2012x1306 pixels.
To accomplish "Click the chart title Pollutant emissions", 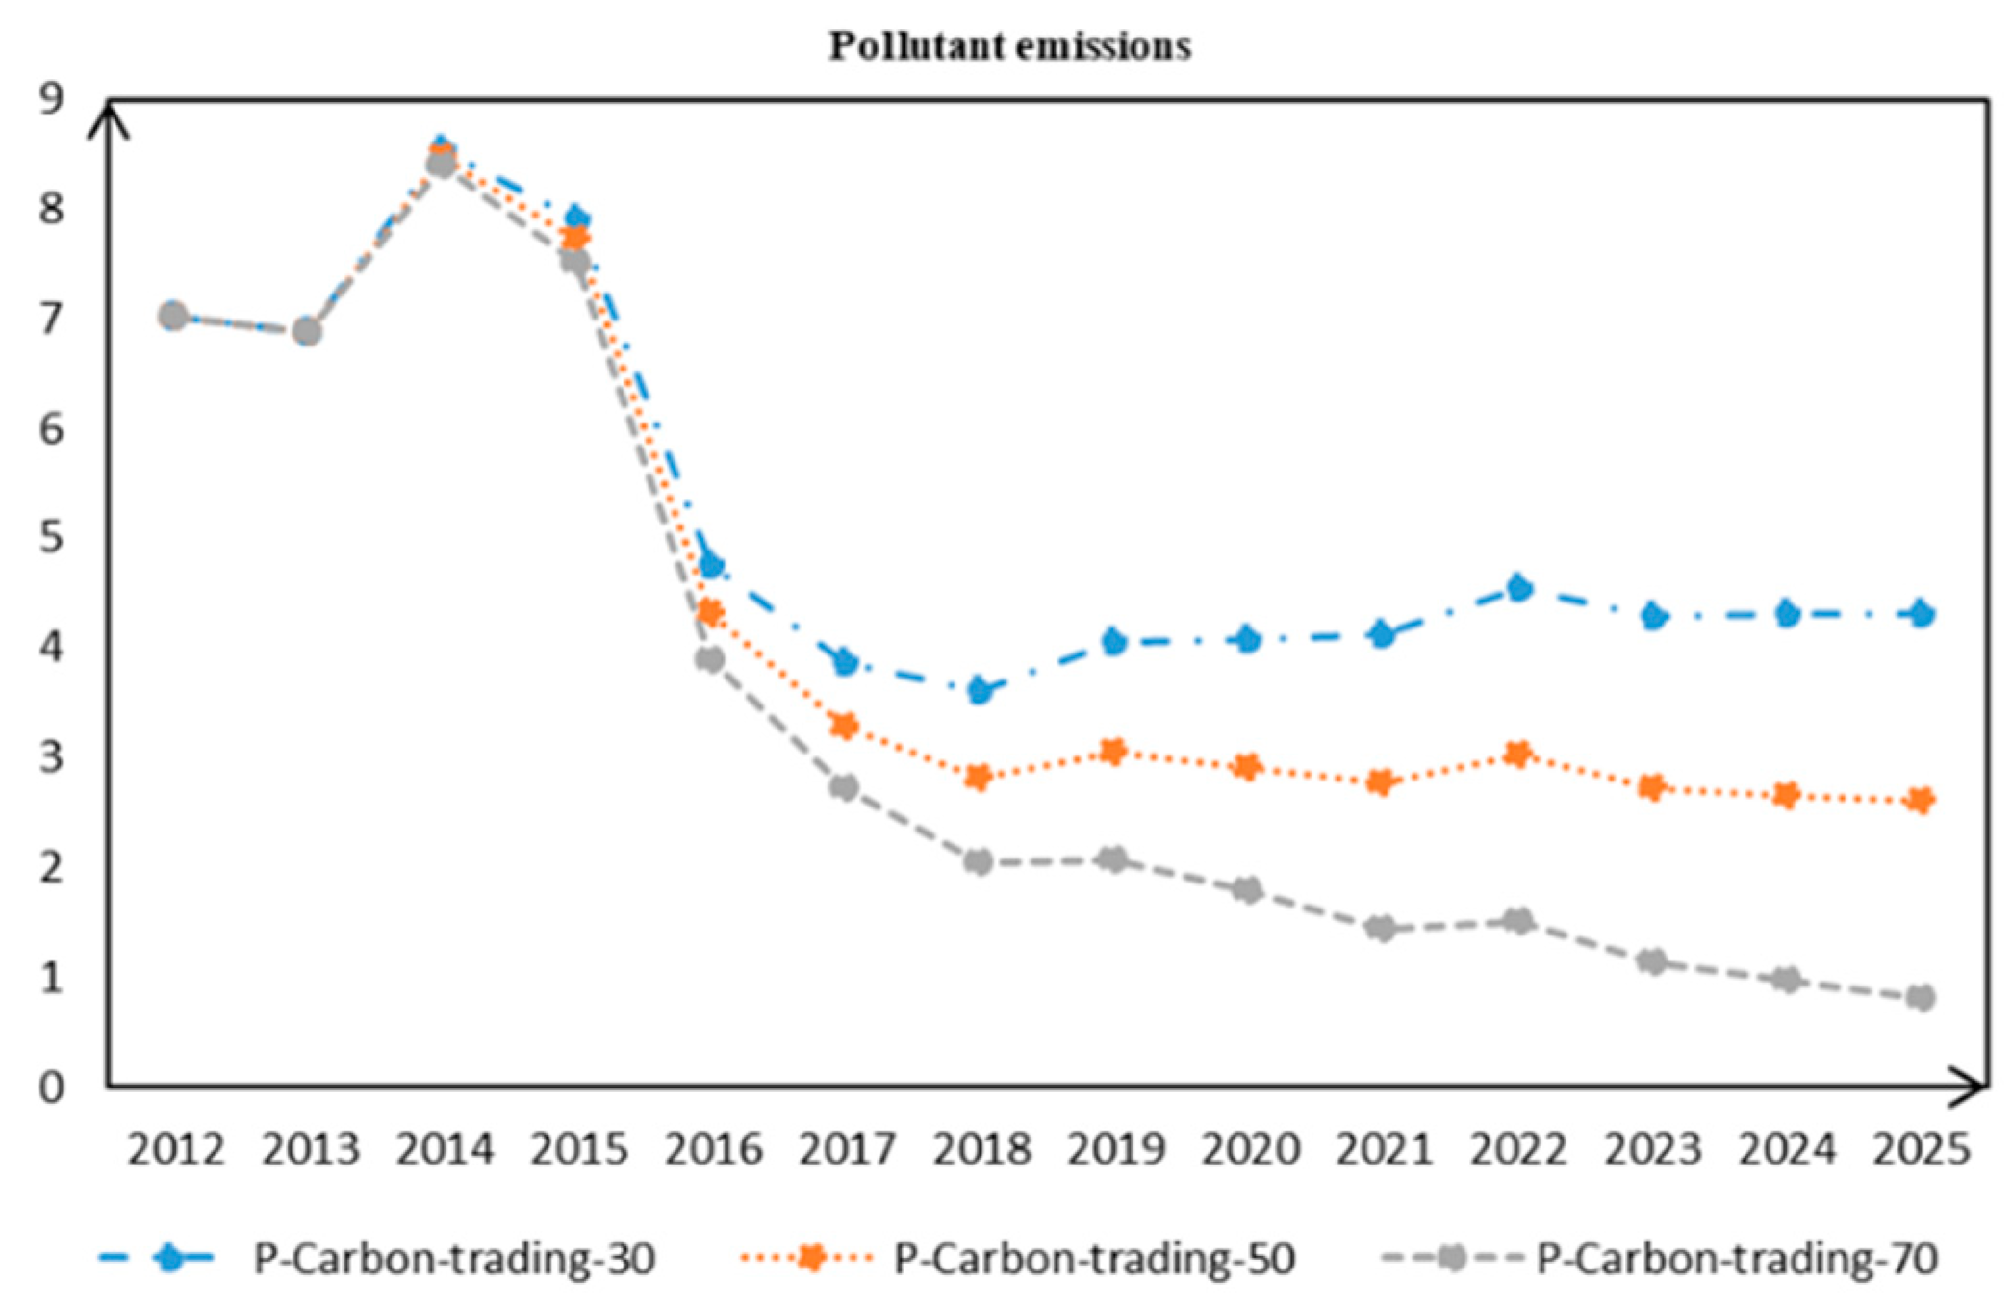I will (1009, 45).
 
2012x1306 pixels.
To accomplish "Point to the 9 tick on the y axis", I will (51, 97).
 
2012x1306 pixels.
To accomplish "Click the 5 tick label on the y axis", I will (51, 537).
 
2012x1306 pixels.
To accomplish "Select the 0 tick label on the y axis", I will (51, 1088).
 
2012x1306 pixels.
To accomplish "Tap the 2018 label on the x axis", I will (981, 1149).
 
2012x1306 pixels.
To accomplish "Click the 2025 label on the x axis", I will (1921, 1149).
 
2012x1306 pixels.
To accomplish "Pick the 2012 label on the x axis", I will (175, 1149).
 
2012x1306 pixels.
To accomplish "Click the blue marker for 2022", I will (1518, 587).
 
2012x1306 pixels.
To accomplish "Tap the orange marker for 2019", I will (1113, 752).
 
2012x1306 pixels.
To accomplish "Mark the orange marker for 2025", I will (1921, 800).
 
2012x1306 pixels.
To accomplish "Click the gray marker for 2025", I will (1921, 997).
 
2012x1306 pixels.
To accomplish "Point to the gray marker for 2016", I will (710, 659).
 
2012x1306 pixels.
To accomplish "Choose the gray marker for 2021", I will (1382, 929).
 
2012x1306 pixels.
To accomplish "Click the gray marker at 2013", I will (307, 331).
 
